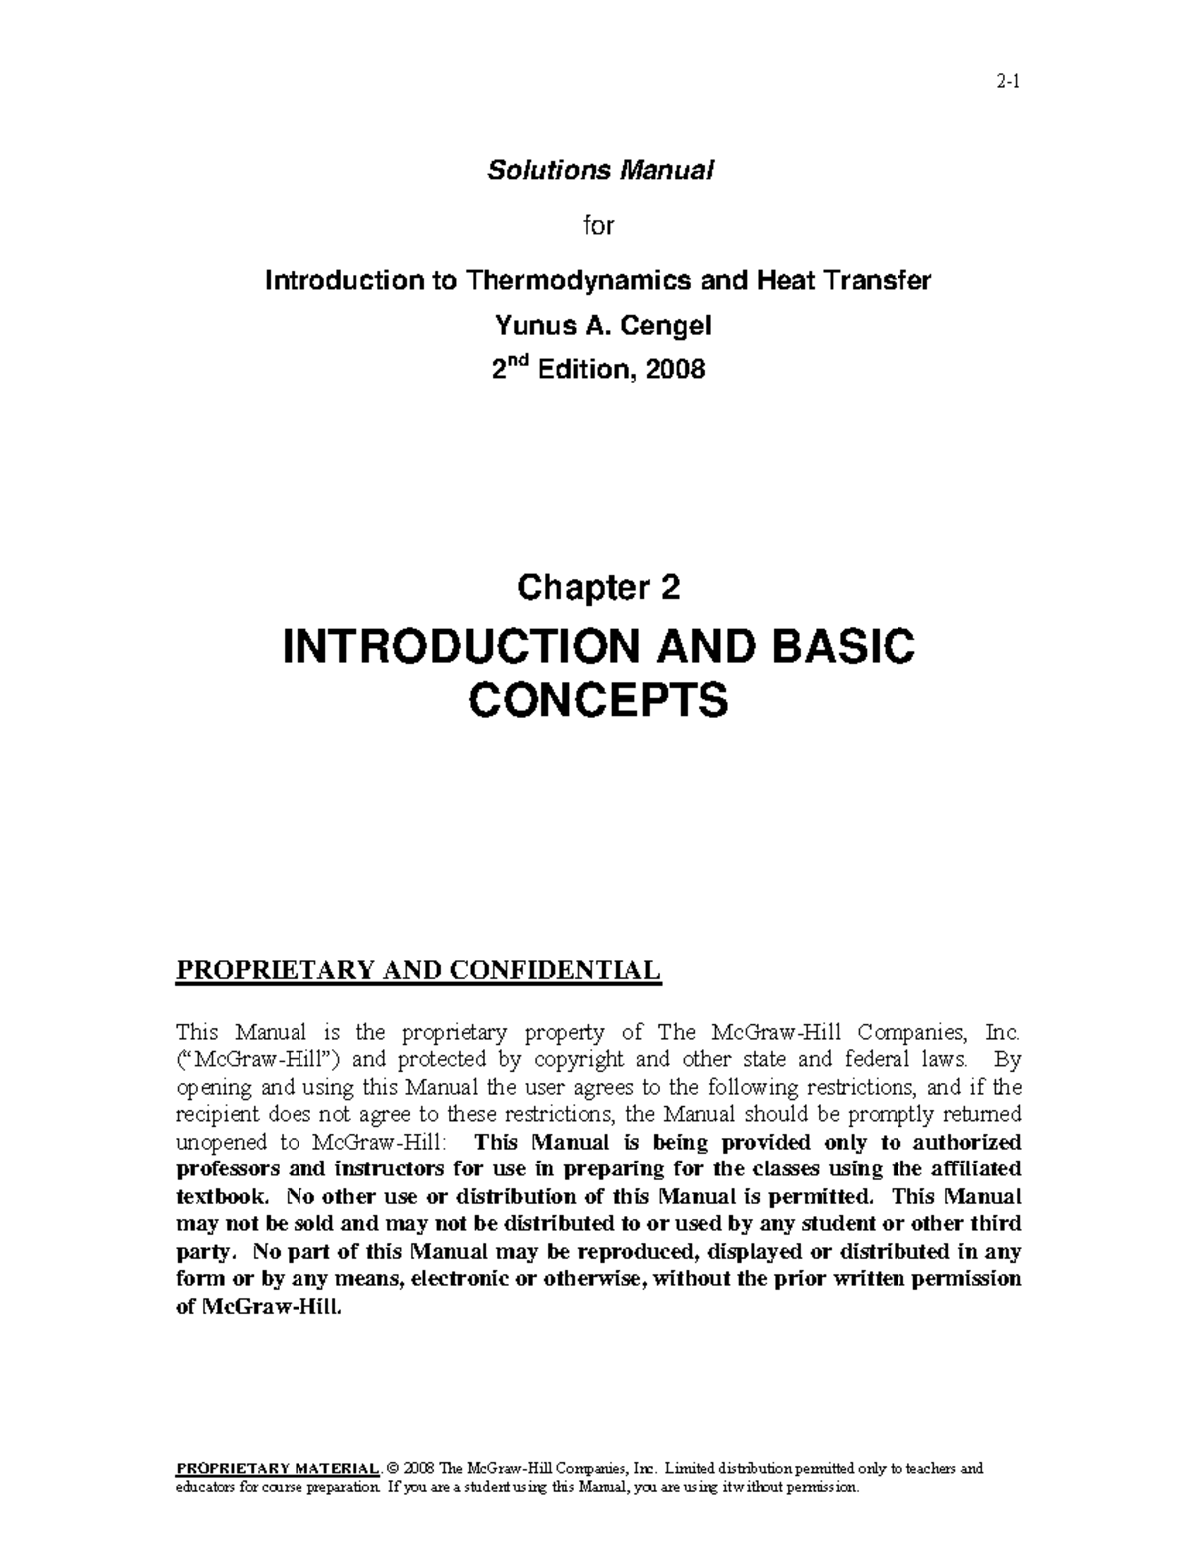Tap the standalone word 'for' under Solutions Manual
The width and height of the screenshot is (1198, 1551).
click(x=598, y=226)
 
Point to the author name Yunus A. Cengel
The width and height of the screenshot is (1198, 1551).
click(x=598, y=325)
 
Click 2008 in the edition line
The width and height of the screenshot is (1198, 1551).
click(x=675, y=370)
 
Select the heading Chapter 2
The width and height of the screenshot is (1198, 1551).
click(x=598, y=588)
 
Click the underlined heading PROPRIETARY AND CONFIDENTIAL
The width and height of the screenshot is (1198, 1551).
click(x=418, y=970)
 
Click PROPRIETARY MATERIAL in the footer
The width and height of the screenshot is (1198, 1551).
click(x=278, y=1468)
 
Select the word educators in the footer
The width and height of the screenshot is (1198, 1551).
click(x=206, y=1487)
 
